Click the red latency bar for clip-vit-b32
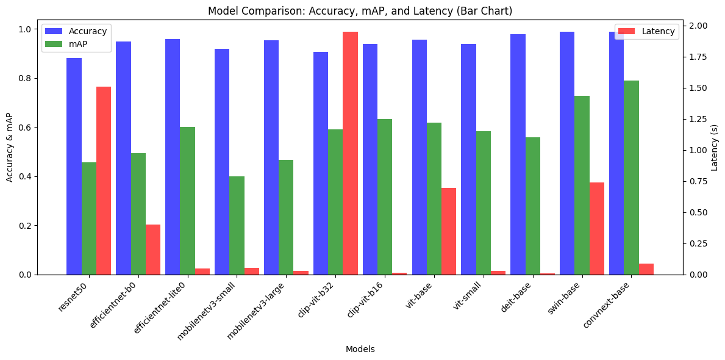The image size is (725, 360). [350, 153]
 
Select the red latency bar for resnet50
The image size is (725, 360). [104, 181]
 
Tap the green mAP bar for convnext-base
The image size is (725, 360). [631, 178]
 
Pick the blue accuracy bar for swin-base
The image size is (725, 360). [567, 153]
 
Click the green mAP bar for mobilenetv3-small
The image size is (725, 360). [237, 226]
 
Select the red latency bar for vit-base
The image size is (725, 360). [449, 231]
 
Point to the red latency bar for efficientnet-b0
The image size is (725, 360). [153, 250]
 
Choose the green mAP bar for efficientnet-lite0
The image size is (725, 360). [187, 201]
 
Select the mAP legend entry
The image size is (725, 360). [79, 44]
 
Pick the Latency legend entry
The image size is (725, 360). [658, 31]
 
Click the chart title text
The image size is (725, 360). [360, 11]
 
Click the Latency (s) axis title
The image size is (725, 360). [715, 147]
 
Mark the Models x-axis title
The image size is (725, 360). [360, 349]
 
